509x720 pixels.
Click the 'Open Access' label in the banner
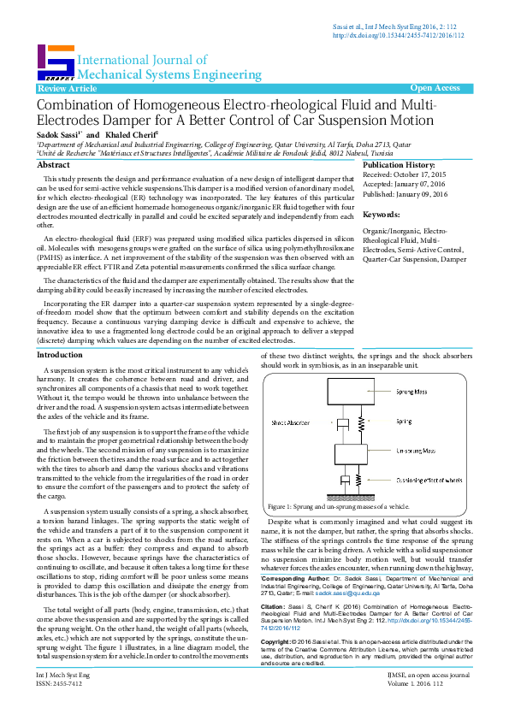pyautogui.click(x=435, y=88)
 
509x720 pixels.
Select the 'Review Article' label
pyautogui.click(x=68, y=89)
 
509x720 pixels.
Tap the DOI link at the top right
pyautogui.click(x=398, y=36)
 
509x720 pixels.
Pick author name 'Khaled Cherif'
pyautogui.click(x=131, y=135)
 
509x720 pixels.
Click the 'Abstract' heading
pyautogui.click(x=54, y=164)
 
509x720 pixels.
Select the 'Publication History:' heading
pyautogui.click(x=400, y=165)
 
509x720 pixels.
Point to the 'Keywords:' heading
pyautogui.click(x=382, y=215)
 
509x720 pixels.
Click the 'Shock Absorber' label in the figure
pyautogui.click(x=291, y=422)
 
